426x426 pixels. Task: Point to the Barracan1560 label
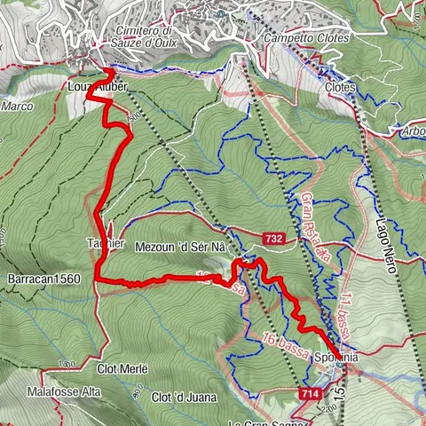coord(44,278)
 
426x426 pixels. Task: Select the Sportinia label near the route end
coord(336,357)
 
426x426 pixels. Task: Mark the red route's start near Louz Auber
coord(108,69)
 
